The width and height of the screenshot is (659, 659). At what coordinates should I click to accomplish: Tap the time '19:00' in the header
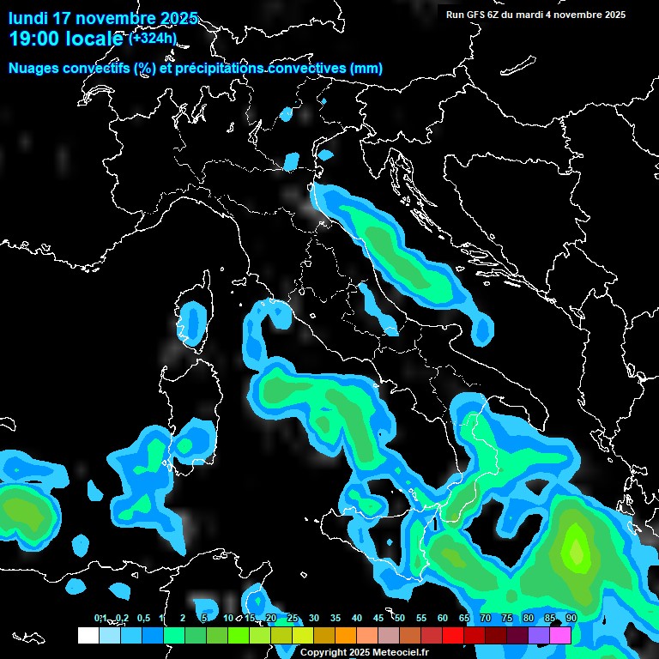[33, 39]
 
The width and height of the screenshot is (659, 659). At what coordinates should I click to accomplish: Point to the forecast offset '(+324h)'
[153, 38]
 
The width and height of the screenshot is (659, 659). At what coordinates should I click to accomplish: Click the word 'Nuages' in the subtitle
[34, 68]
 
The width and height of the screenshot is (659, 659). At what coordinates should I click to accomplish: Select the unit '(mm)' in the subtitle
[366, 68]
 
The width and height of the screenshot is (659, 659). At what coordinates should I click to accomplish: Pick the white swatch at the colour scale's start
[88, 635]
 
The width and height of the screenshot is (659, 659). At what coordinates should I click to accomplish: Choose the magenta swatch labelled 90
[560, 635]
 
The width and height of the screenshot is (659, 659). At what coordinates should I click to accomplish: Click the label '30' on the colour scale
[314, 618]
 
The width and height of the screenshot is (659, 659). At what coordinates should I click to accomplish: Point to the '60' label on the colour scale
[443, 618]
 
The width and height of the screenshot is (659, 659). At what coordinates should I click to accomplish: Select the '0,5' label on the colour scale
[142, 618]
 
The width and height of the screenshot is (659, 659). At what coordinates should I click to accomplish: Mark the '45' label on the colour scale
[378, 618]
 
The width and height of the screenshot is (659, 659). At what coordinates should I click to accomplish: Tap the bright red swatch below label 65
[453, 635]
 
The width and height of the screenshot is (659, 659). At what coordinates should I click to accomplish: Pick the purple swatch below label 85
[539, 635]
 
